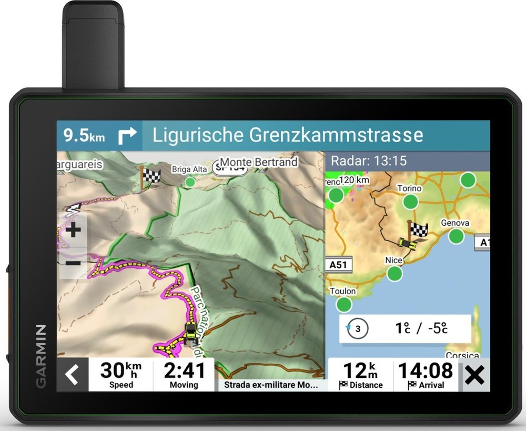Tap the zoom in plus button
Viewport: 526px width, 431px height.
tap(73, 230)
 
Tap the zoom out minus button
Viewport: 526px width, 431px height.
tap(73, 263)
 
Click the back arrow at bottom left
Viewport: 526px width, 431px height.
tap(72, 375)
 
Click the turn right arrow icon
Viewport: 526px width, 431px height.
tap(127, 136)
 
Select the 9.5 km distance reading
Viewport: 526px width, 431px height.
tap(84, 136)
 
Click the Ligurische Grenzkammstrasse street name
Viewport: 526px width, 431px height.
tap(288, 135)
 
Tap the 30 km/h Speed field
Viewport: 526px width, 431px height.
tap(120, 374)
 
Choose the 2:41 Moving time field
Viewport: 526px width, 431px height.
tap(184, 374)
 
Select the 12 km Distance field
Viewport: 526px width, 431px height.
tap(360, 374)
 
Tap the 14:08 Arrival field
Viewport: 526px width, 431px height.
tap(426, 374)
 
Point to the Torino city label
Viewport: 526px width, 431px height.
tap(409, 188)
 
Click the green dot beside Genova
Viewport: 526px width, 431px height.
tap(456, 236)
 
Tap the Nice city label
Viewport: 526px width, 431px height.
tap(393, 260)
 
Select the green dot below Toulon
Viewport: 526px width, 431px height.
tap(343, 304)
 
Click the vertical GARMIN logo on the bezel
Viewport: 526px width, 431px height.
tap(41, 356)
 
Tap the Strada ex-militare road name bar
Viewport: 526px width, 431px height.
tap(271, 385)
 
